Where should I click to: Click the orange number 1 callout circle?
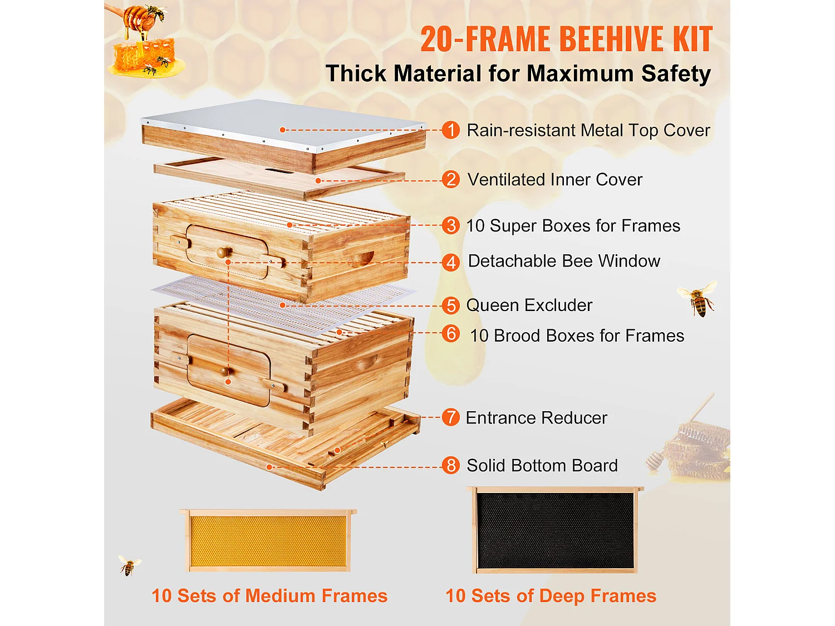450,130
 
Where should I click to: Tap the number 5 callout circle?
450,305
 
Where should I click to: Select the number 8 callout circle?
450,465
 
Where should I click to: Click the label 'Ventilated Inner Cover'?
554,180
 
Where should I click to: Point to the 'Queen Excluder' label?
529,305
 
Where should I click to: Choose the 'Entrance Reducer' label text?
536,418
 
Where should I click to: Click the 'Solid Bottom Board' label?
542,466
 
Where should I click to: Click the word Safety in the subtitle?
676,74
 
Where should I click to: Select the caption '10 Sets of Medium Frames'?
269,596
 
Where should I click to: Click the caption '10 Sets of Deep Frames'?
551,596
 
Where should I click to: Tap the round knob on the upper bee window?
224,252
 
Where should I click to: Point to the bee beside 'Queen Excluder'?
698,299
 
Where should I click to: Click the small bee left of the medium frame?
129,565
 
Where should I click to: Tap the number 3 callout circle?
450,226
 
